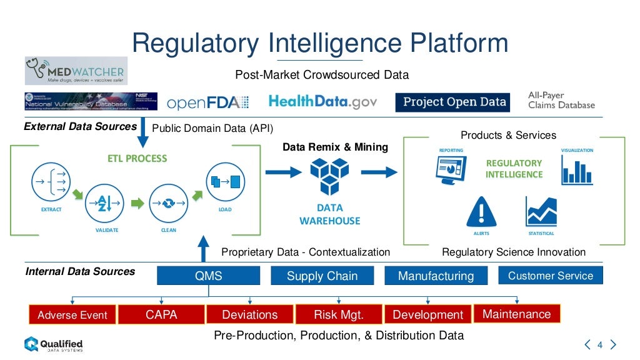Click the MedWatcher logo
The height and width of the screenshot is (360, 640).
click(76, 71)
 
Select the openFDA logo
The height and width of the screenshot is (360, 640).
click(207, 102)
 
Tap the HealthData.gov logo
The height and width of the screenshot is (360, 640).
click(322, 102)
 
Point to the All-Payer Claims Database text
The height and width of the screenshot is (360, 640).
click(561, 100)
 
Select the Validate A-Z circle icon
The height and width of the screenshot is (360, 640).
click(106, 203)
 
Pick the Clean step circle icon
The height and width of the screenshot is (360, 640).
click(169, 203)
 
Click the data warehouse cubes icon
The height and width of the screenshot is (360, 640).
click(329, 176)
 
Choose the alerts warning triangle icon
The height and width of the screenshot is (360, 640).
click(481, 211)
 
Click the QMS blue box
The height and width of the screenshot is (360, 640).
click(208, 276)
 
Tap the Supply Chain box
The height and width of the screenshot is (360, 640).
click(322, 276)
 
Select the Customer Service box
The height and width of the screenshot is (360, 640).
click(550, 275)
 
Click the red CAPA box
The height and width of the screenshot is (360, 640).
click(161, 314)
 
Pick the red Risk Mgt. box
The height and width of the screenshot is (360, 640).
click(338, 314)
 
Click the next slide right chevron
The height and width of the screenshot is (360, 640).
click(613, 344)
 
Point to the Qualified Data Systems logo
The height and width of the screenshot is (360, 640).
click(53, 344)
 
